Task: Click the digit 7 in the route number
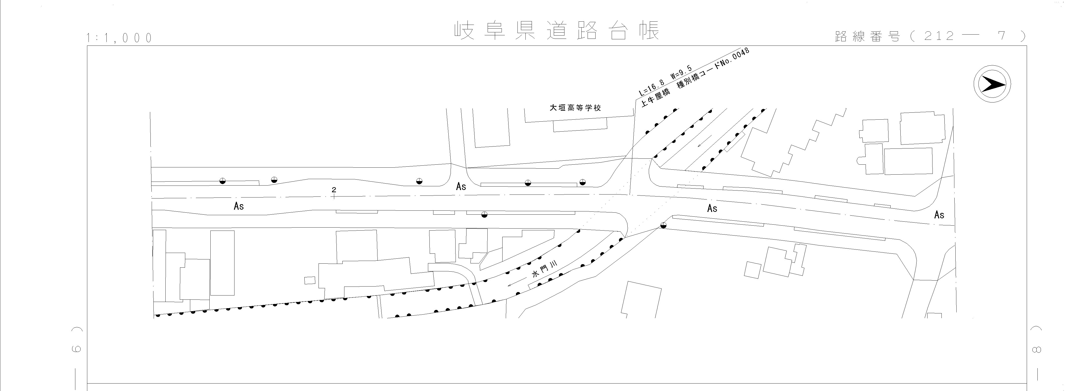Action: [x=1002, y=36]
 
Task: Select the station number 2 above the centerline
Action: [x=334, y=190]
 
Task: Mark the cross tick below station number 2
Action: [x=334, y=196]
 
